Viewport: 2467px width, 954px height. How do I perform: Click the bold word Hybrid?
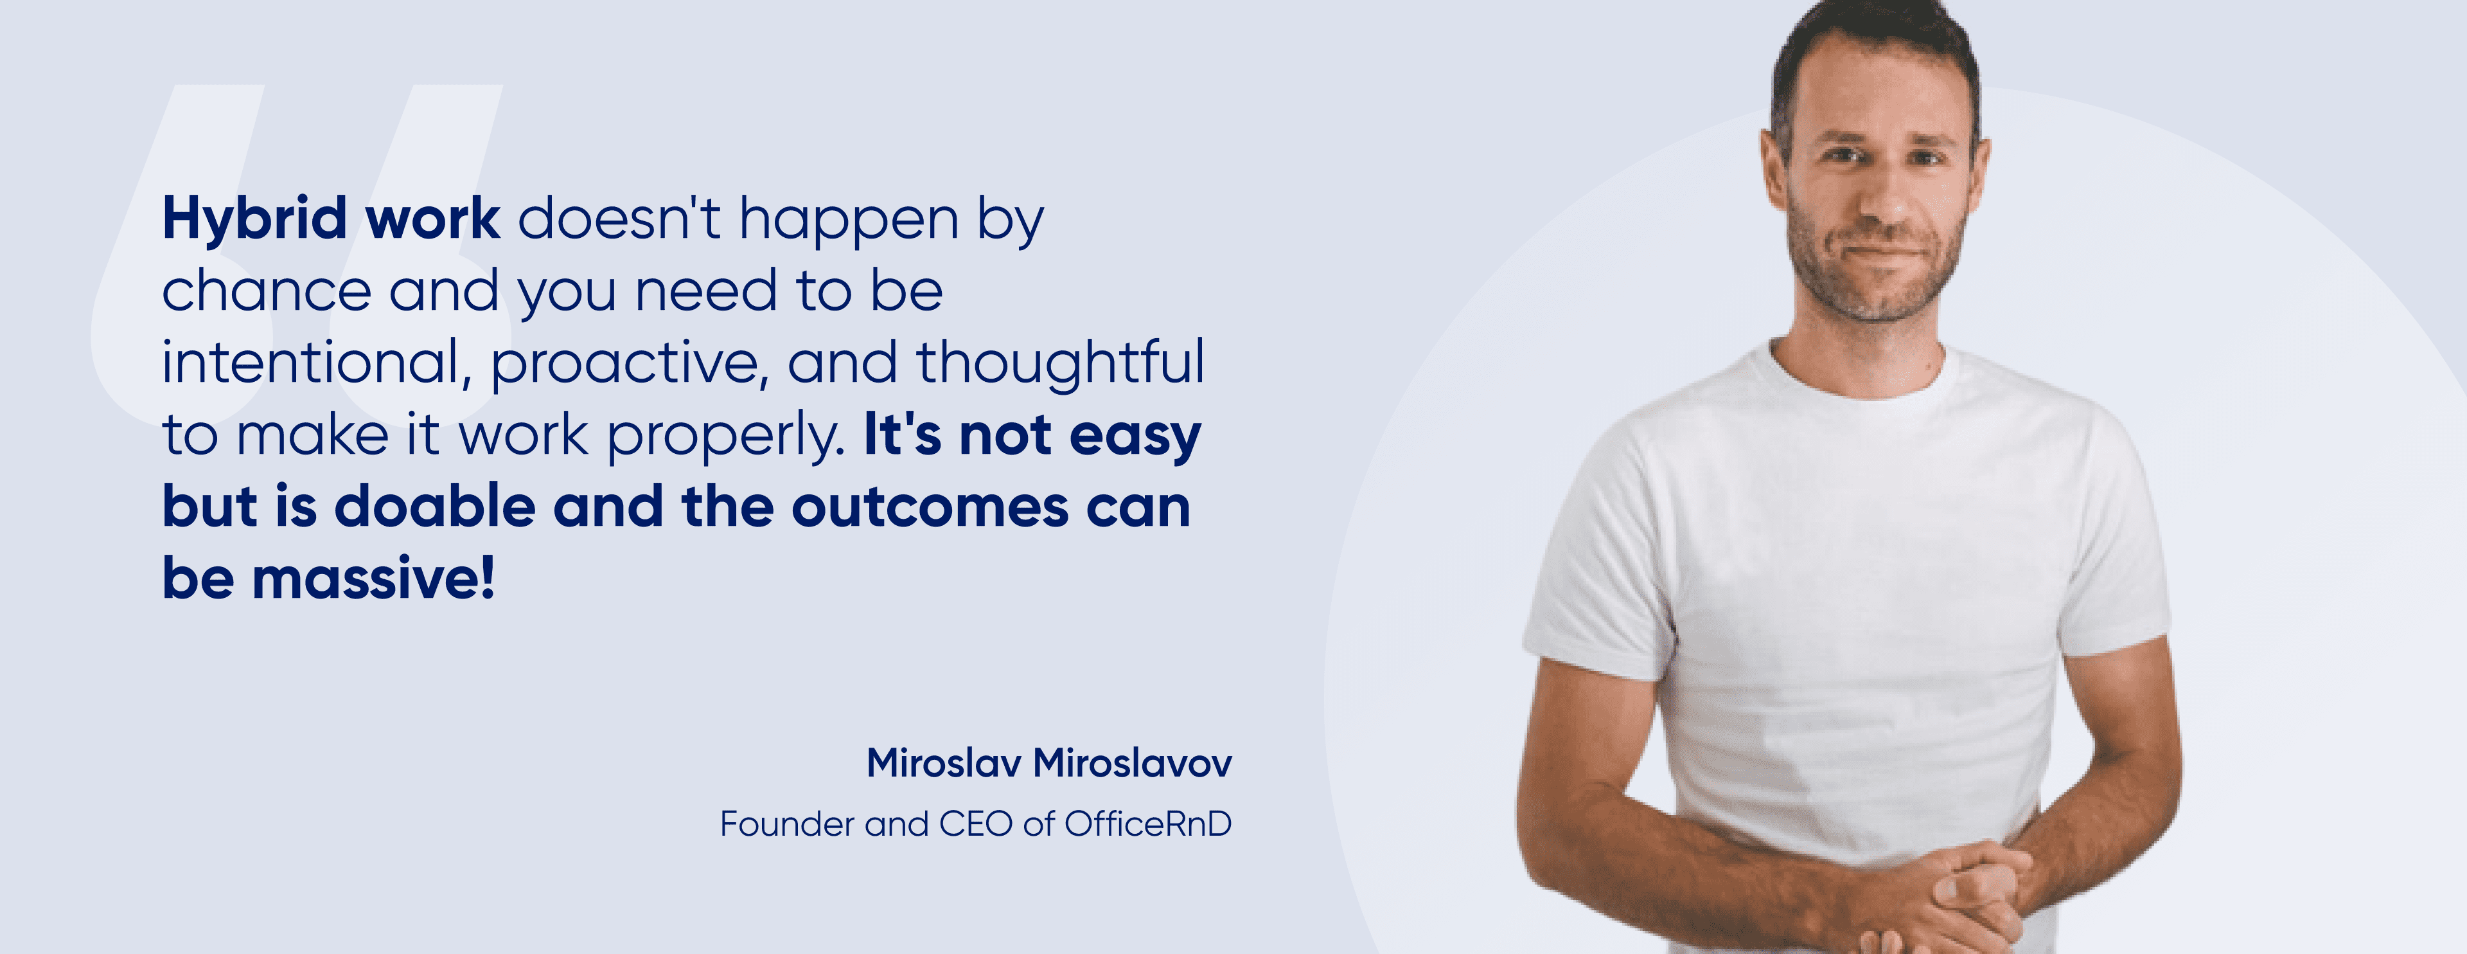point(254,219)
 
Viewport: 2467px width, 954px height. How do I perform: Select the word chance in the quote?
point(266,291)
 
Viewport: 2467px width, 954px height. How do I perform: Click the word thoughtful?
point(1060,364)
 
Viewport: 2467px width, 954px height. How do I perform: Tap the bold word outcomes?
point(929,508)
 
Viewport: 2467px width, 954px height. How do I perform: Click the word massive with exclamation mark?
point(373,579)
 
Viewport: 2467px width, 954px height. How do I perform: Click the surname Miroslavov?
point(1133,763)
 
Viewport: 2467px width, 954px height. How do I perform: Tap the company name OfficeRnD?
point(1147,824)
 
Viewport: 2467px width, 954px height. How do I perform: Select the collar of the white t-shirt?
point(1858,383)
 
